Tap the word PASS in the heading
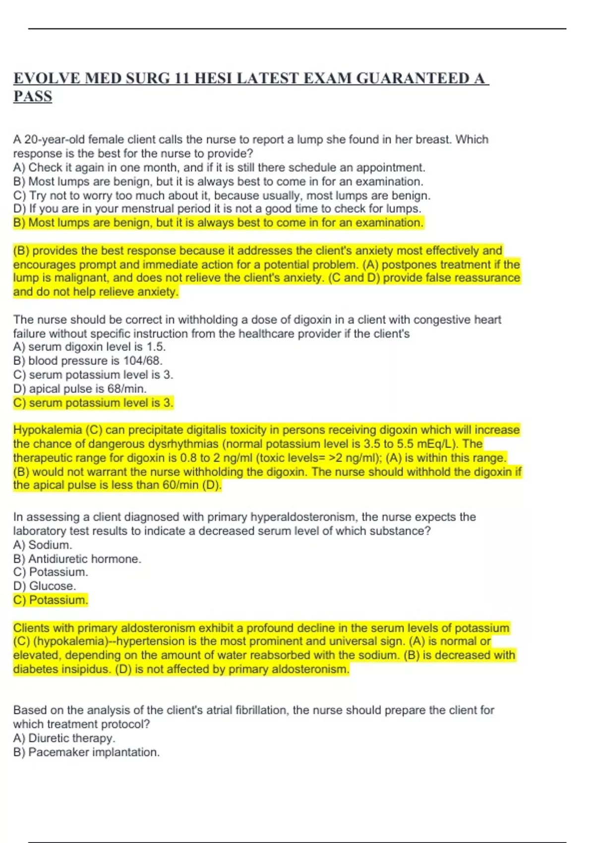[x=33, y=96]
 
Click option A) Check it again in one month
[x=219, y=168]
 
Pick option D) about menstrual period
[x=217, y=209]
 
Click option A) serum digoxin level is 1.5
[x=89, y=347]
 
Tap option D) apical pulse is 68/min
[x=80, y=389]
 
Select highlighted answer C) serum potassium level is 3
[x=93, y=403]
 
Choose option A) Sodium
[x=43, y=545]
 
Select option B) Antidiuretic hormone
[x=77, y=559]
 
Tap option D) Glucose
[x=45, y=586]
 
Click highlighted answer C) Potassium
[x=51, y=600]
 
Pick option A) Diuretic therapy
[x=64, y=738]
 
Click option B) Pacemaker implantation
[x=86, y=752]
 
